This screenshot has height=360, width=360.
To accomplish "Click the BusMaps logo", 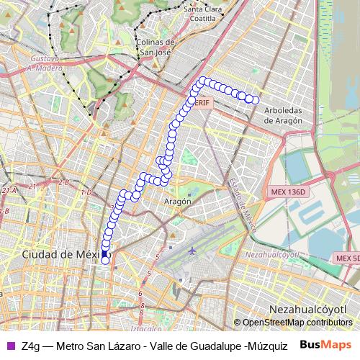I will pos(325,345).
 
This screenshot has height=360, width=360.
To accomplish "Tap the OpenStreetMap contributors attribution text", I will pos(297,323).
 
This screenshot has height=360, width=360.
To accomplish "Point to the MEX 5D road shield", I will pos(347,257).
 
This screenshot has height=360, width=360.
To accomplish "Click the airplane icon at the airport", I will pos(192,251).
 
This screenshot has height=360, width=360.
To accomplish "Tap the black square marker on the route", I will pos(104,253).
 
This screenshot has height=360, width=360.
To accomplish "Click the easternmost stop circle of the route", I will pos(255,100).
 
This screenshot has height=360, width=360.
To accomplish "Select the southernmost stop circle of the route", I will pos(105,261).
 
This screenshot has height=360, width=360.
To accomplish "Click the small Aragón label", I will pos(178,202).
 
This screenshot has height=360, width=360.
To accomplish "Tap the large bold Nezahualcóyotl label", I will pos(307,309).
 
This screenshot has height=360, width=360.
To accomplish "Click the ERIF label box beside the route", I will pos(202,104).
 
